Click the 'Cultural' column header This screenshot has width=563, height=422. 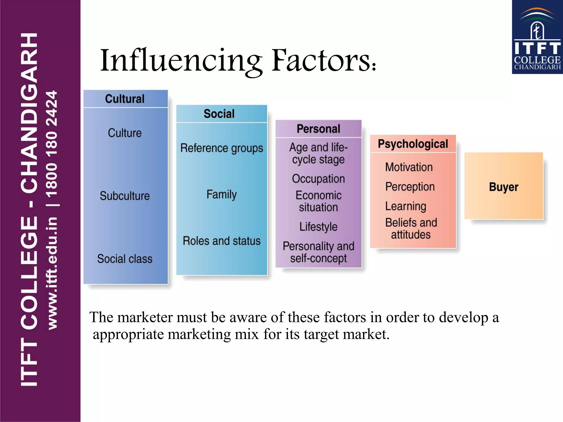pyautogui.click(x=125, y=99)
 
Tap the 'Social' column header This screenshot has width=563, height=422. pyautogui.click(x=219, y=114)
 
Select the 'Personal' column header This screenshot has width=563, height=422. pyautogui.click(x=318, y=129)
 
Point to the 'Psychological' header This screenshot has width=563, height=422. pyautogui.click(x=413, y=144)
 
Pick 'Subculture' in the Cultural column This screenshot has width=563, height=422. pyautogui.click(x=125, y=196)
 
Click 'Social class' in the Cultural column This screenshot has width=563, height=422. pyautogui.click(x=125, y=259)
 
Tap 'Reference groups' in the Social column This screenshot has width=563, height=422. pyautogui.click(x=222, y=148)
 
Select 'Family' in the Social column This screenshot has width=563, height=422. pyautogui.click(x=222, y=195)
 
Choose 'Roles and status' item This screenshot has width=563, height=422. pyautogui.click(x=222, y=241)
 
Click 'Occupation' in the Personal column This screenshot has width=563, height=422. pyautogui.click(x=318, y=179)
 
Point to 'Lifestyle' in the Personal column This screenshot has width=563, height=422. pyautogui.click(x=318, y=227)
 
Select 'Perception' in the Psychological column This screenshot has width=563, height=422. pyautogui.click(x=410, y=187)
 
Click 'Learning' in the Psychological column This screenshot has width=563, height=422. pyautogui.click(x=406, y=206)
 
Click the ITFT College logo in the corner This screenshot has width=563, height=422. pyautogui.click(x=537, y=37)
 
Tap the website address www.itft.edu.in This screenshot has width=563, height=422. pyautogui.click(x=52, y=273)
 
